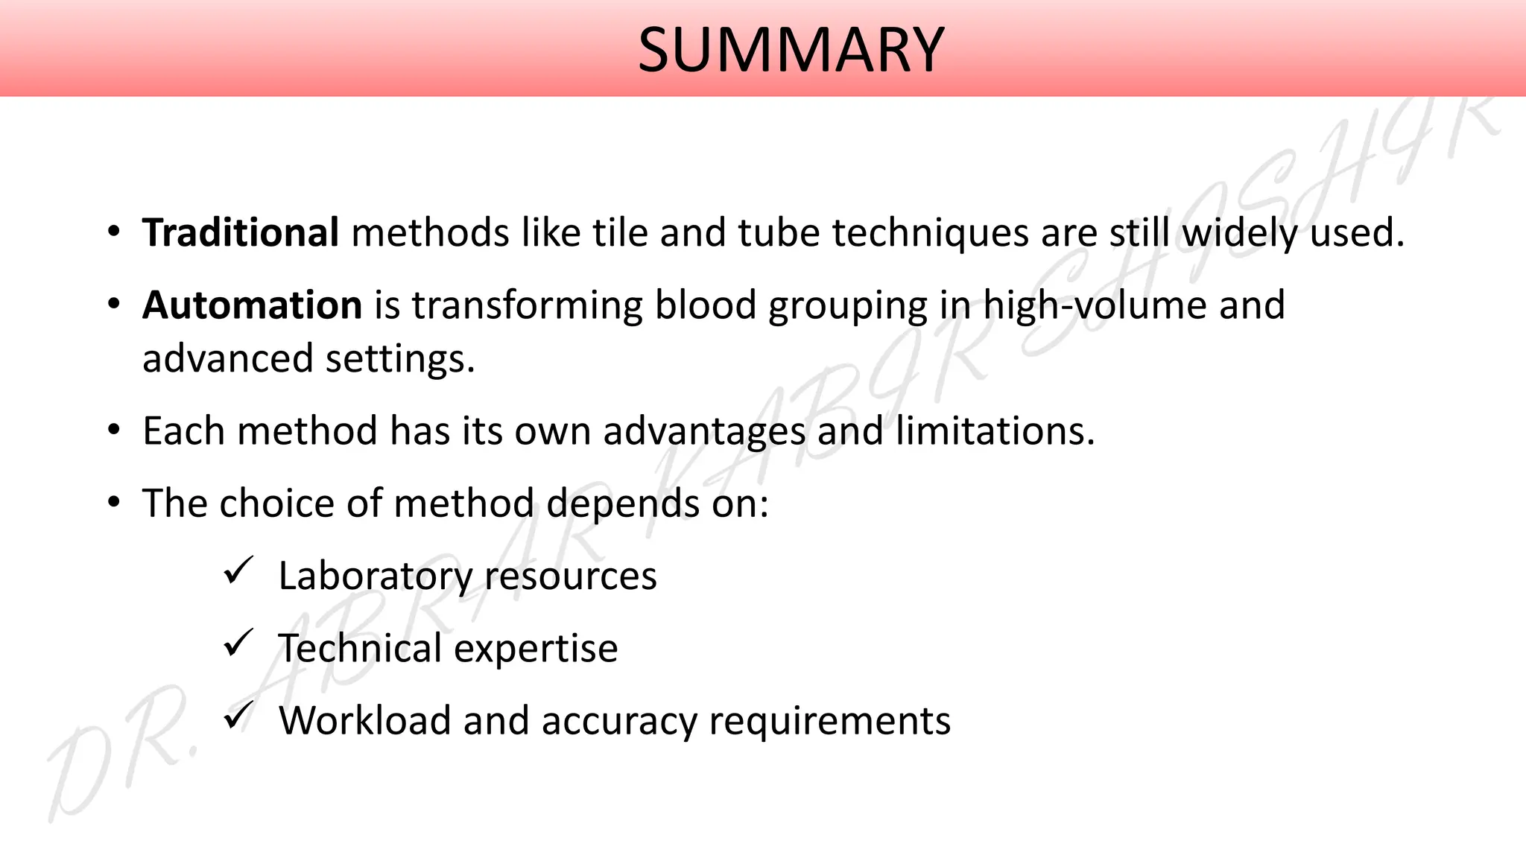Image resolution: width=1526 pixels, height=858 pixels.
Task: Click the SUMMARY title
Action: click(x=791, y=50)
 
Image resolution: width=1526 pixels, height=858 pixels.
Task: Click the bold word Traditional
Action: click(x=241, y=232)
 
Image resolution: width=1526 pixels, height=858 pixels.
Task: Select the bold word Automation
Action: click(x=252, y=305)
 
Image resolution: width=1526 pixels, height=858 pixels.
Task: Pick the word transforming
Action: click(x=527, y=306)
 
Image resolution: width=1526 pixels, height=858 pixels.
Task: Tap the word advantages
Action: click(x=704, y=432)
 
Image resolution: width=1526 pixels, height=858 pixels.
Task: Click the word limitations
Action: click(x=995, y=430)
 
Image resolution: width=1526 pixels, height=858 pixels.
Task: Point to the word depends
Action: click(x=623, y=504)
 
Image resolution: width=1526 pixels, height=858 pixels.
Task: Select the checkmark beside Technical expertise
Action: click(x=238, y=643)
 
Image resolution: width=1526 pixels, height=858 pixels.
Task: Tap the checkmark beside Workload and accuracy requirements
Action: click(x=238, y=716)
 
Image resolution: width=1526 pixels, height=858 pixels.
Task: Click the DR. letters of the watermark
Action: click(x=119, y=760)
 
